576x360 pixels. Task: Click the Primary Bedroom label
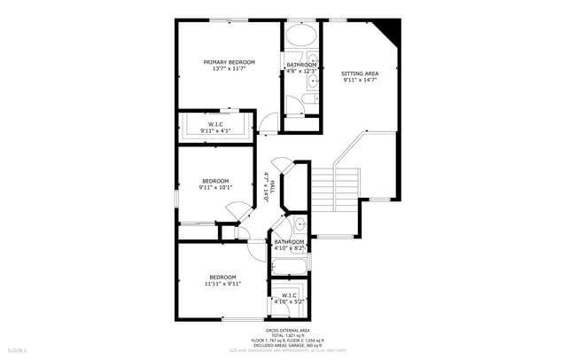(229, 62)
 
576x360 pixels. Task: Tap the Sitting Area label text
(360, 73)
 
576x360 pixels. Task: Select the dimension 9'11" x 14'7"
(360, 80)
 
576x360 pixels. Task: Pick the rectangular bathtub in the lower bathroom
(288, 265)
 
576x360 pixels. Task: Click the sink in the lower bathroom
(299, 223)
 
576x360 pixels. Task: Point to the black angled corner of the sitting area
(389, 34)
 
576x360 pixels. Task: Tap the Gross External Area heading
(287, 329)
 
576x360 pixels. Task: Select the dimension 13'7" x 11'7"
(229, 69)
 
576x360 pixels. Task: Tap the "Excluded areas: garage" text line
(287, 345)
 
